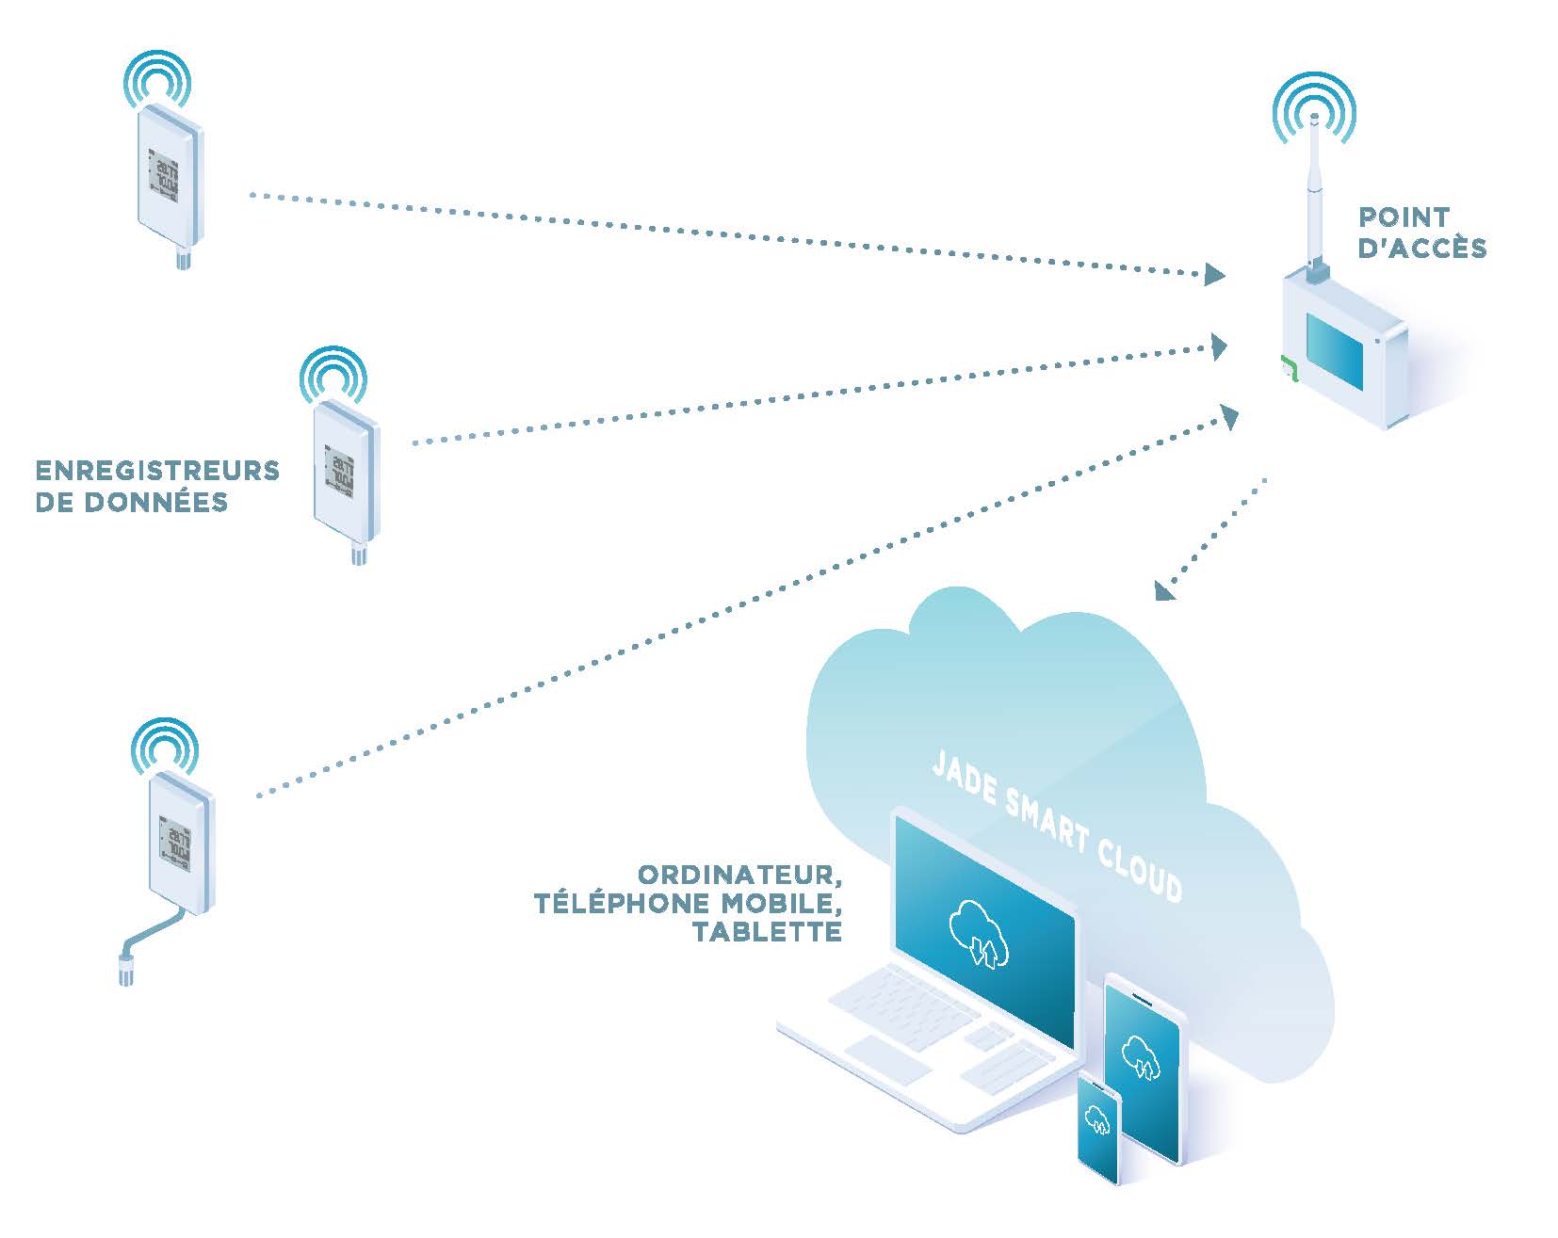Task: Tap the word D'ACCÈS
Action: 1422,249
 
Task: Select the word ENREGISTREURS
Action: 157,470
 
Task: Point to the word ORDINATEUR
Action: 738,874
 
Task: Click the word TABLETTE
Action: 767,932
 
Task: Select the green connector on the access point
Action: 1289,371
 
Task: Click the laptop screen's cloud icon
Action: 980,932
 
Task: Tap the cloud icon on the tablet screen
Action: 1142,1056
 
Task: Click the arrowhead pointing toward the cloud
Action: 1165,590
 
